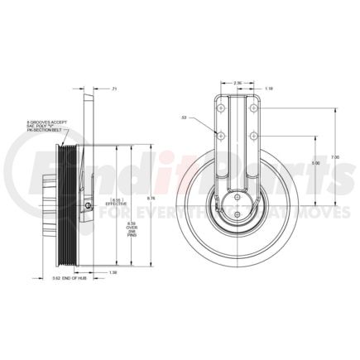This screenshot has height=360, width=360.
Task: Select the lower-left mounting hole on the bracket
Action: tap(221, 133)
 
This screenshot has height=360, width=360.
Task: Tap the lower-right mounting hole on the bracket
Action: tap(253, 133)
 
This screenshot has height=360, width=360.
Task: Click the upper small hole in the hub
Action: tap(238, 197)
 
